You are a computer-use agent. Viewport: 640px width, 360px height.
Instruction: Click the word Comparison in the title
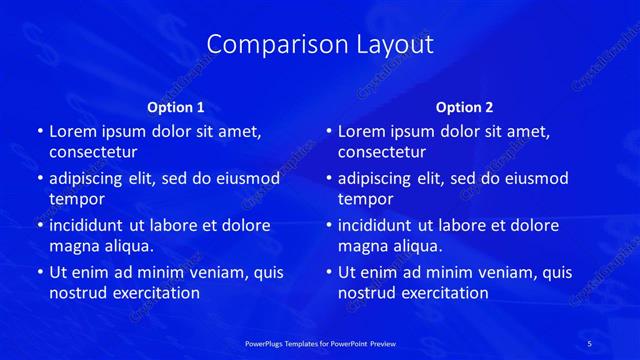pos(263,45)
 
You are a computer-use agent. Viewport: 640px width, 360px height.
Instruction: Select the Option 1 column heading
pos(176,107)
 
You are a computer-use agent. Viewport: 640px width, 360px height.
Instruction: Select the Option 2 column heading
pos(465,107)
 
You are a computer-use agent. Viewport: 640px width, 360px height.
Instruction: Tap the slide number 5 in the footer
pos(591,342)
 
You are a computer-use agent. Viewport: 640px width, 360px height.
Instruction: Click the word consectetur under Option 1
pos(93,152)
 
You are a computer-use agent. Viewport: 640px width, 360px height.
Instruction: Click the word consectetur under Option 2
pos(382,152)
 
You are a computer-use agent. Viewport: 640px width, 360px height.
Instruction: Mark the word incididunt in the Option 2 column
pos(376,226)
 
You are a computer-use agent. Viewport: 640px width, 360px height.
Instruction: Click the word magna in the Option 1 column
pos(73,246)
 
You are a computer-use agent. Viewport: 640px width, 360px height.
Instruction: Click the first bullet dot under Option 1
pos(39,132)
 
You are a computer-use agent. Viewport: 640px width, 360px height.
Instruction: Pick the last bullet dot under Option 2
pos(328,273)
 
